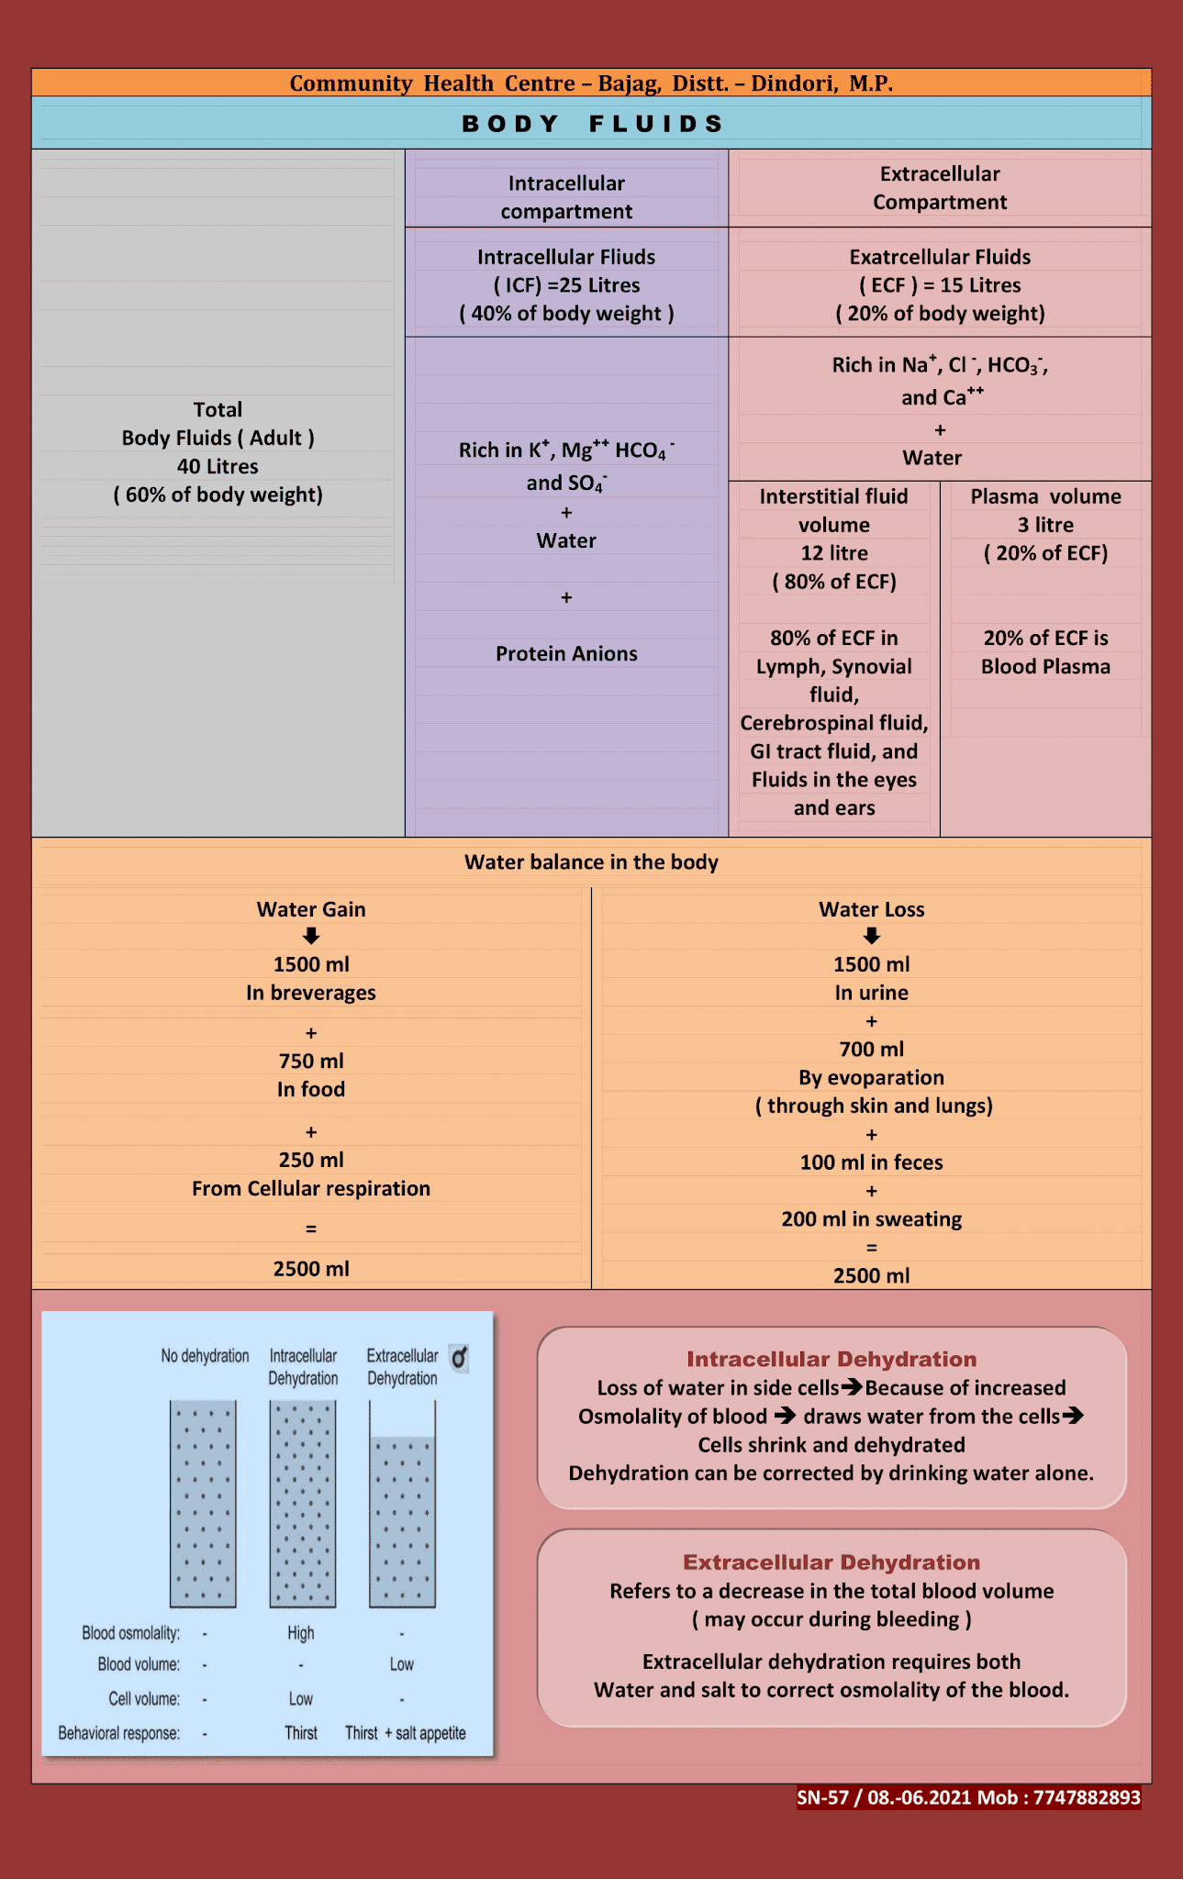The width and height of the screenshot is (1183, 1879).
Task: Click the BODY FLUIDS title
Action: click(593, 124)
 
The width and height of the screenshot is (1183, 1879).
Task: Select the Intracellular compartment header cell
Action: click(566, 197)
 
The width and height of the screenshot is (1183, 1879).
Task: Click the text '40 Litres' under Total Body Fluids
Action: click(218, 466)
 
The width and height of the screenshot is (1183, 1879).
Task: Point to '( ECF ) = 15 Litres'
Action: click(940, 285)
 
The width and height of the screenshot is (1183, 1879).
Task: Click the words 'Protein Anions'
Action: click(566, 653)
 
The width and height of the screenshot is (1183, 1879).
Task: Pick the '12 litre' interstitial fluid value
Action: click(833, 553)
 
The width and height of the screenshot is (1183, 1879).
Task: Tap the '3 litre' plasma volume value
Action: click(1045, 525)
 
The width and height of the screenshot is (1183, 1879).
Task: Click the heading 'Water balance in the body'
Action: click(591, 862)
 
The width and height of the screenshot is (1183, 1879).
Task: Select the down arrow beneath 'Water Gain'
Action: click(311, 936)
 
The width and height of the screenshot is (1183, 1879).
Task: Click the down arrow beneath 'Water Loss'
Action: click(872, 936)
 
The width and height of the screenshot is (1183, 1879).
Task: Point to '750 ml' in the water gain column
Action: click(311, 1061)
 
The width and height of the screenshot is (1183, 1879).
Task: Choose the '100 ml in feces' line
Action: click(871, 1162)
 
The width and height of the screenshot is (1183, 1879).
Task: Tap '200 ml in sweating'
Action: click(871, 1219)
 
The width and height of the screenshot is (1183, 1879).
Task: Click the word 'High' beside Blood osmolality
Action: click(300, 1633)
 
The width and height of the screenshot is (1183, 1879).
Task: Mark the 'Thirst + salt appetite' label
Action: click(405, 1733)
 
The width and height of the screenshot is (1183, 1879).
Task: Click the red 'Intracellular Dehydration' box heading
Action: click(831, 1359)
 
